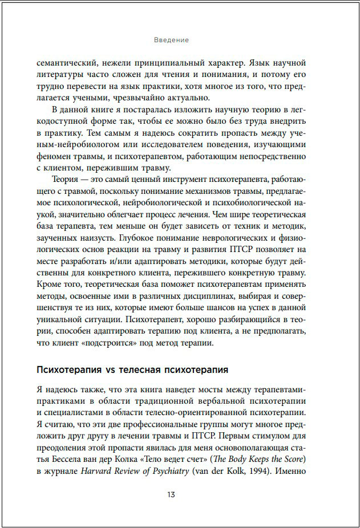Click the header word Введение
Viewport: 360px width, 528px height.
coord(171,40)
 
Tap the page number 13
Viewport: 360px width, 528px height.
coord(171,494)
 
